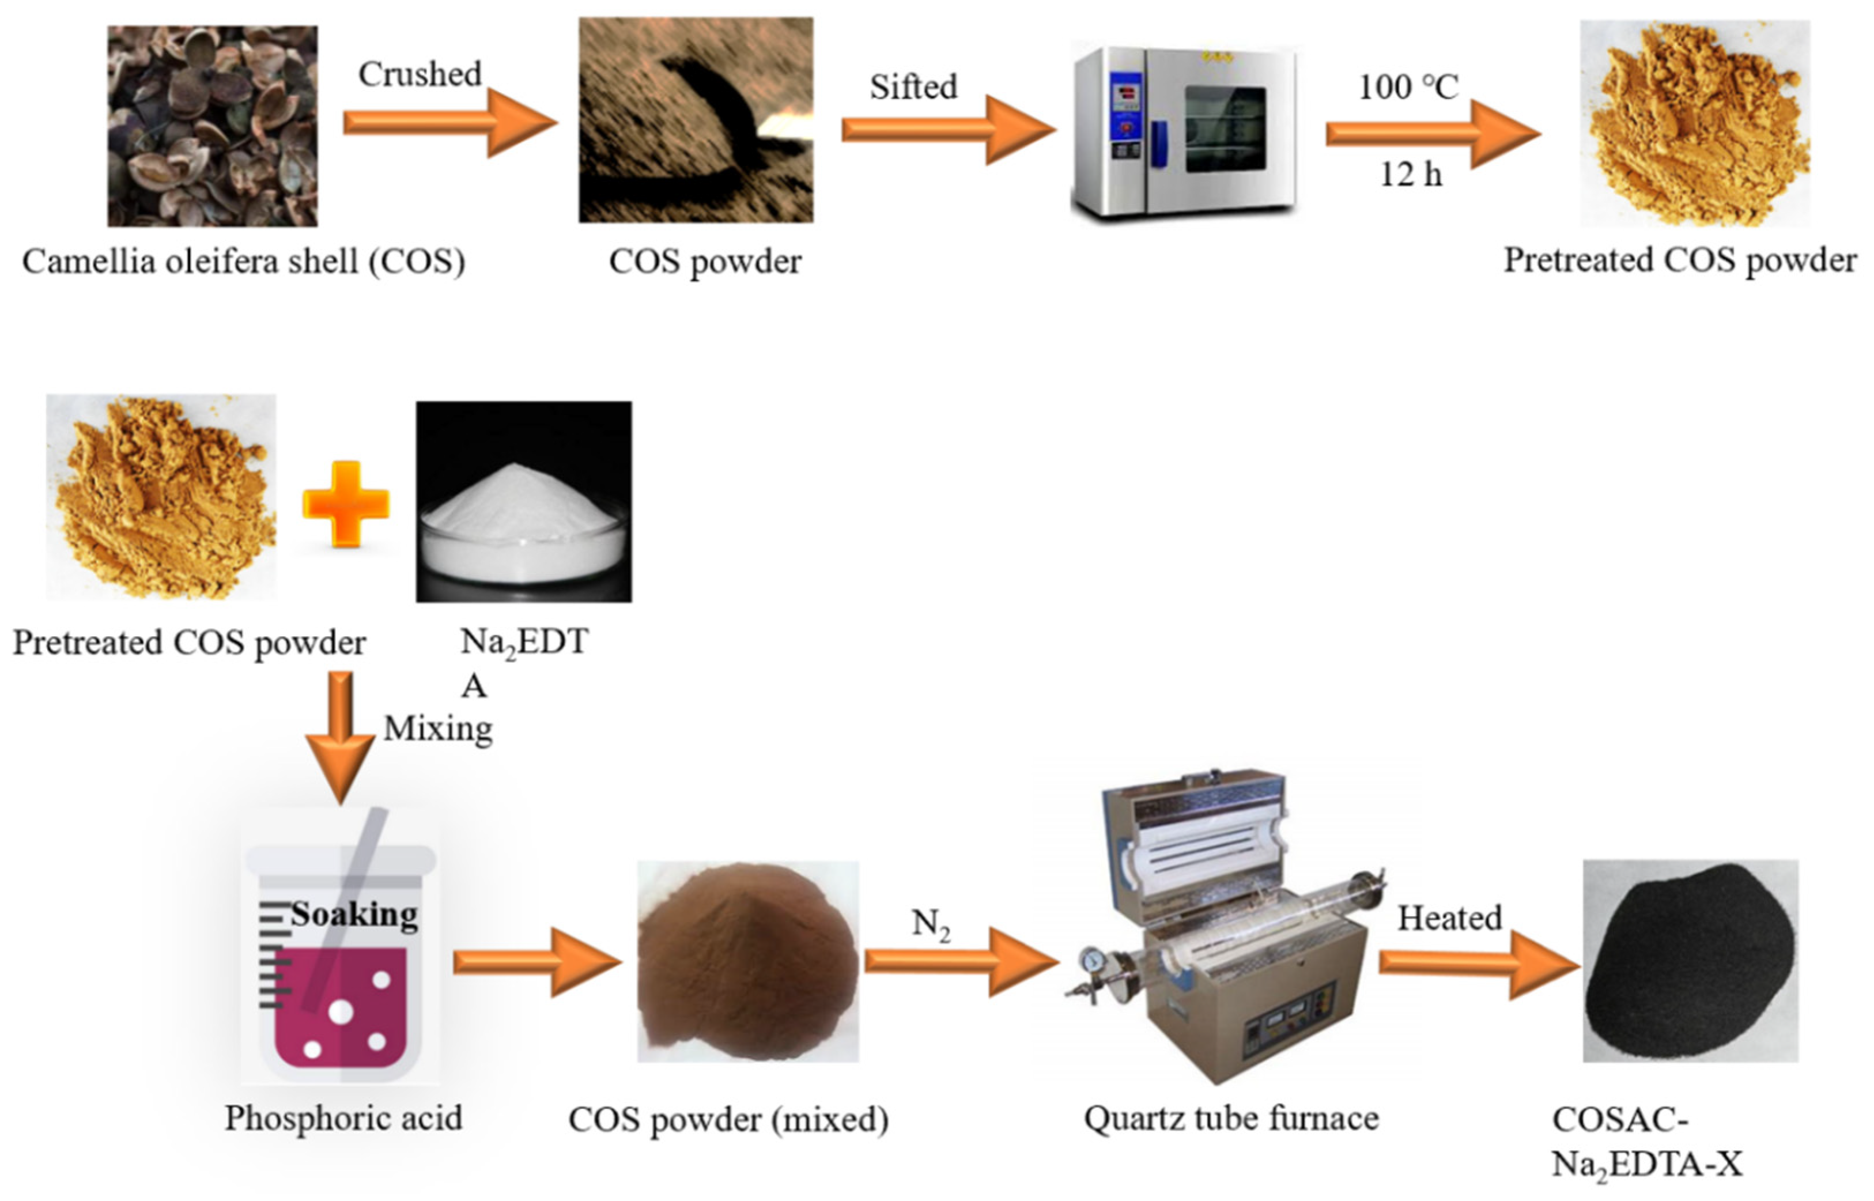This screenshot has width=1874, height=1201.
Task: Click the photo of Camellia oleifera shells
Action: coord(212,126)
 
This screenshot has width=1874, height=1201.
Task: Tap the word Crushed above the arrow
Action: coord(420,75)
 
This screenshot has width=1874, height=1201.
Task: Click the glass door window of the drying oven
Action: coord(1225,129)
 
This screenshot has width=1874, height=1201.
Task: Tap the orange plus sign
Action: coord(346,503)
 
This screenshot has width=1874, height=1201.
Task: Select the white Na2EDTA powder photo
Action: coord(523,501)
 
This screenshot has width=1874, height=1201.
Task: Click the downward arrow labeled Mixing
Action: coord(341,733)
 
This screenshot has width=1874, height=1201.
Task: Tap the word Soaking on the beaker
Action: coord(355,914)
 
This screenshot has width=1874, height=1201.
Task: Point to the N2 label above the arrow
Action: coord(930,924)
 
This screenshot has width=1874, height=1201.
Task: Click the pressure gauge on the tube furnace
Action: coord(1093,959)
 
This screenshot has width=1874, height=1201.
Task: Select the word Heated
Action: coord(1449,918)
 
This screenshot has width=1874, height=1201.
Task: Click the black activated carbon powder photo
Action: coord(1690,961)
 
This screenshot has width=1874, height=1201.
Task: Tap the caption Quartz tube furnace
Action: coord(1231,1119)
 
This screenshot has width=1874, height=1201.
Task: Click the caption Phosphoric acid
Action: coord(343,1119)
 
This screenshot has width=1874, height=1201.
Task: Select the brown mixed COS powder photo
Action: coord(747,961)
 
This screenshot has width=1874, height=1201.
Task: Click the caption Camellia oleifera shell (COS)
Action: coord(243,261)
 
